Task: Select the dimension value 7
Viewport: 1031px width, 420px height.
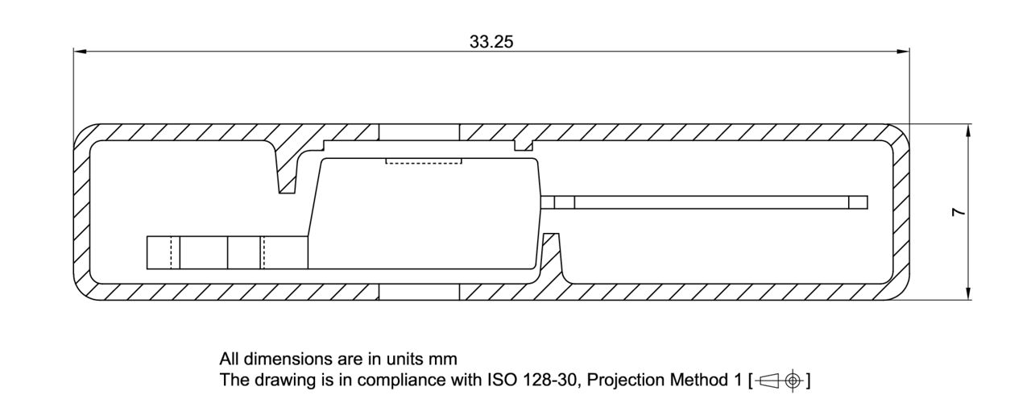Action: coord(957,212)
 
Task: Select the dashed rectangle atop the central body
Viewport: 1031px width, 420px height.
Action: coord(424,160)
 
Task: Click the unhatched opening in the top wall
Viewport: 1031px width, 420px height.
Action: coord(419,131)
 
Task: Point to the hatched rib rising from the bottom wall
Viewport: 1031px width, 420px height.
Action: coord(552,258)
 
